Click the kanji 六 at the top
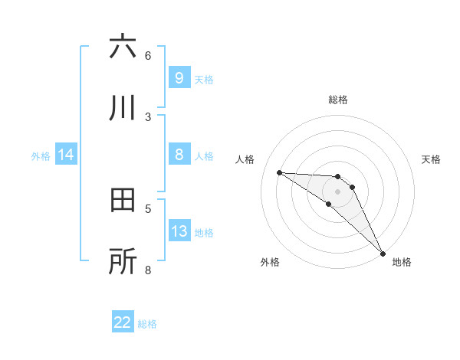click(123, 47)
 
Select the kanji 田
click(123, 201)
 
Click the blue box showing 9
click(179, 78)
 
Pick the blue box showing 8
click(179, 155)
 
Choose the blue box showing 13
click(179, 231)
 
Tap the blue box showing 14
click(66, 155)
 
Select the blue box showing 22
click(123, 322)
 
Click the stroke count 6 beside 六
click(148, 55)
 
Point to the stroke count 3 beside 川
click(148, 116)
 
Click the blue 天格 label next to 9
click(204, 79)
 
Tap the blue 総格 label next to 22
click(147, 324)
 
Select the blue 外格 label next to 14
click(41, 155)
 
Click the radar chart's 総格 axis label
click(338, 100)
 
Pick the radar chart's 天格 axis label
click(432, 159)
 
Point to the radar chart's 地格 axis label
click(402, 262)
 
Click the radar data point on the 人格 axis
click(279, 172)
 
